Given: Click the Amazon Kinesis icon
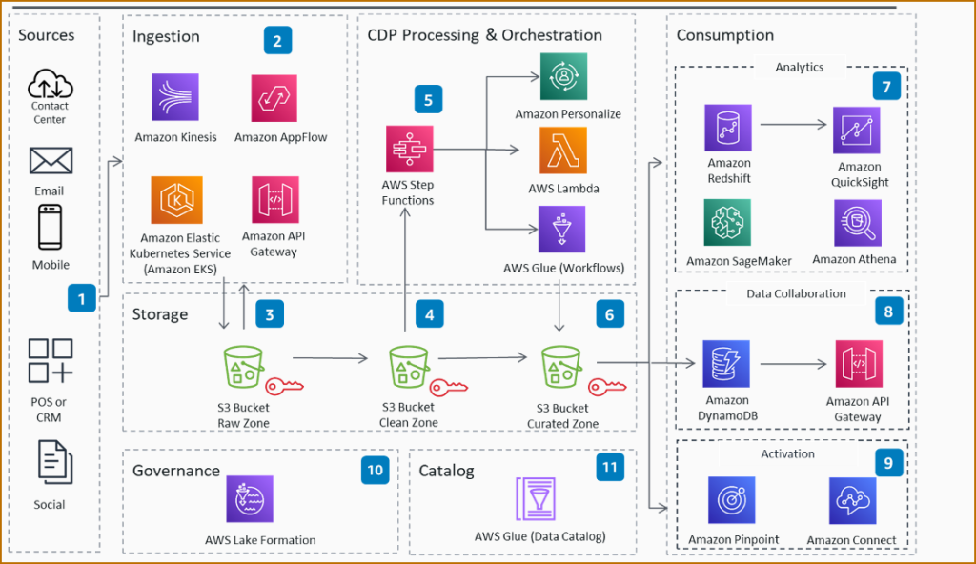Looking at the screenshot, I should pyautogui.click(x=175, y=98).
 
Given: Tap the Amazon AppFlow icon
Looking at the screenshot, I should pyautogui.click(x=274, y=98).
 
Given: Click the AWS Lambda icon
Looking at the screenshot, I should pyautogui.click(x=563, y=151).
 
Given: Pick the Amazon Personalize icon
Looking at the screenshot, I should pyautogui.click(x=563, y=76).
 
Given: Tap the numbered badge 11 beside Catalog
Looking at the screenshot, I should pyautogui.click(x=610, y=468).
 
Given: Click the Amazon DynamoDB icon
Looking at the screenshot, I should pyautogui.click(x=726, y=364).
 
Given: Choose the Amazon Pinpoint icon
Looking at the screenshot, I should pyautogui.click(x=732, y=500).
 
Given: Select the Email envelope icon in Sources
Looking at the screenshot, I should pyautogui.click(x=51, y=160).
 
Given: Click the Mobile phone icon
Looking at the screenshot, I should pyautogui.click(x=50, y=227).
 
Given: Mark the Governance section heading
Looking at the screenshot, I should pyautogui.click(x=176, y=471).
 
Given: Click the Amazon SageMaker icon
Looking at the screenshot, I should pyautogui.click(x=726, y=223).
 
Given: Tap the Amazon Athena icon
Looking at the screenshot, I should pyautogui.click(x=857, y=223).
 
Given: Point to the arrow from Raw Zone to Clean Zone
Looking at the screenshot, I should pyautogui.click(x=330, y=358).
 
